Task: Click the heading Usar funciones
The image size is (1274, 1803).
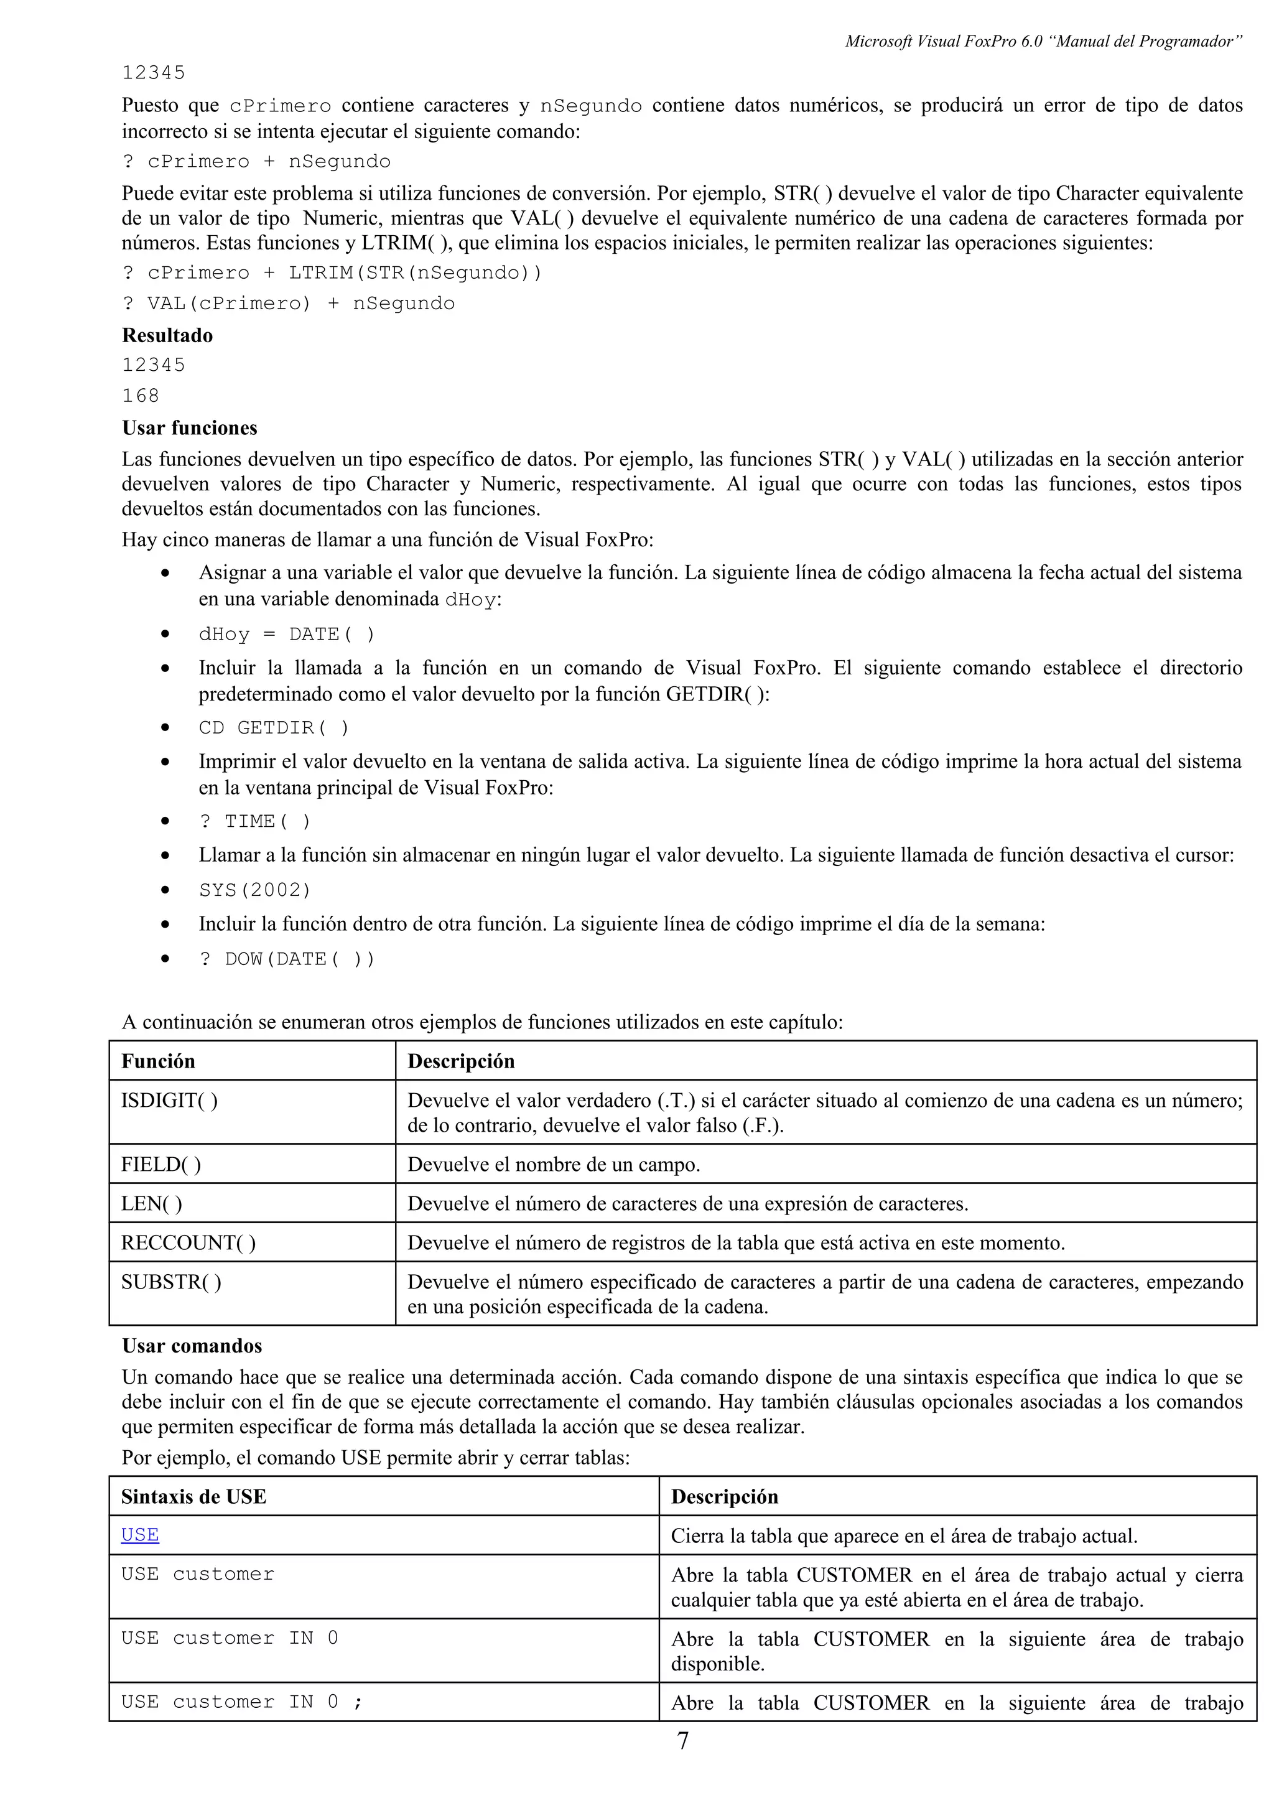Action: point(189,428)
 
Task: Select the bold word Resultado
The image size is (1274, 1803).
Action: point(167,335)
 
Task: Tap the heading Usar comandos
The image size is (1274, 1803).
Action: point(192,1345)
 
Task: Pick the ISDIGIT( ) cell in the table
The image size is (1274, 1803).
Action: point(170,1100)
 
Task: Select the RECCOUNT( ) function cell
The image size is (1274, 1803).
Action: point(188,1242)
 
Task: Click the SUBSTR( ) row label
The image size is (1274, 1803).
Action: point(171,1282)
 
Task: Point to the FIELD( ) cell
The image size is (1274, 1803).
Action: point(161,1164)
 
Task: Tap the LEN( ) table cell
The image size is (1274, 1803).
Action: point(152,1203)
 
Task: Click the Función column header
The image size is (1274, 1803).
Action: point(158,1061)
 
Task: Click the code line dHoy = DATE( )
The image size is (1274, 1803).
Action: point(287,635)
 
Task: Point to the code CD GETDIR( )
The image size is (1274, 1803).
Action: point(273,728)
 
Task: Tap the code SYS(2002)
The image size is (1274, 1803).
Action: point(255,890)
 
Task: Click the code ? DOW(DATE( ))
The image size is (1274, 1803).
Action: point(287,959)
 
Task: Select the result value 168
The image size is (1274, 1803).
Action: point(141,396)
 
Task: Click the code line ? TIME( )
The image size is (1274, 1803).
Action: point(255,821)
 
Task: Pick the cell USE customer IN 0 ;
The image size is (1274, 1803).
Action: point(242,1702)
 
